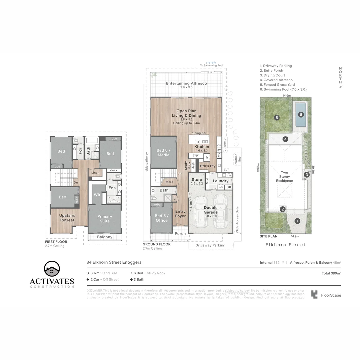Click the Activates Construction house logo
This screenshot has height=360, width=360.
[x=52, y=269]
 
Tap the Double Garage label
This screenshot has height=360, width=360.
[x=211, y=210]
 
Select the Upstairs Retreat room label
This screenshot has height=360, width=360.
[x=67, y=218]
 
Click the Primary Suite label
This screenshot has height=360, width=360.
[x=105, y=219]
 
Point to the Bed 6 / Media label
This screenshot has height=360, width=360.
[x=163, y=153]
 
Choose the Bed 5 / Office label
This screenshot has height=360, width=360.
[x=162, y=218]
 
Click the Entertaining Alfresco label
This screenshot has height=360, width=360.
[x=186, y=83]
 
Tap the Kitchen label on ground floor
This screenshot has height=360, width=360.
[x=202, y=147]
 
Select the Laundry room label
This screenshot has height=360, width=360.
[x=221, y=181]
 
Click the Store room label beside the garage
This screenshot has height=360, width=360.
[x=197, y=180]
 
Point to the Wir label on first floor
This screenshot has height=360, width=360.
[x=97, y=194]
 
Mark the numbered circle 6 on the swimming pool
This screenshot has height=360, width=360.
[x=301, y=115]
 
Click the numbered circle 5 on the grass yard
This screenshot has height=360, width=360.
[x=276, y=117]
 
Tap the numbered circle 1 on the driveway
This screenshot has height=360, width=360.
[x=297, y=221]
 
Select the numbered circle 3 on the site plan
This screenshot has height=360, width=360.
[x=307, y=174]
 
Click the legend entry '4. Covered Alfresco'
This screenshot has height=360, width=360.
[x=276, y=80]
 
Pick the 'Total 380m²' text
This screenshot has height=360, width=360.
[x=331, y=273]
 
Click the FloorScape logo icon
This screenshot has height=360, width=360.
[x=314, y=295]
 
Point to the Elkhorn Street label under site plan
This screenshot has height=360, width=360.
[x=285, y=245]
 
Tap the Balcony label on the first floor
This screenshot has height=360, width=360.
[x=105, y=237]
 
